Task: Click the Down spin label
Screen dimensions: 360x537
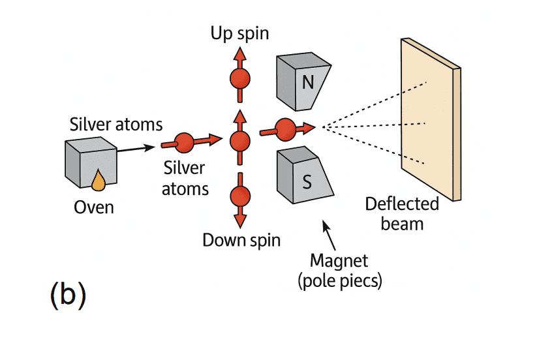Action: pos(241,239)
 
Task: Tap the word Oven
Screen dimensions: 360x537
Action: pos(93,207)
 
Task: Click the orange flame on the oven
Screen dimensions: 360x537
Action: pos(98,181)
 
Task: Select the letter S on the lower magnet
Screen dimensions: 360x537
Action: pos(307,183)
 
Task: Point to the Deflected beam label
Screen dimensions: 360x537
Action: pos(401,214)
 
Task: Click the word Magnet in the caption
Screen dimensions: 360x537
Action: pos(339,261)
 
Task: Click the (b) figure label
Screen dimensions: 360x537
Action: pos(67,294)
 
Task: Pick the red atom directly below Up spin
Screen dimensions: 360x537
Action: pos(239,80)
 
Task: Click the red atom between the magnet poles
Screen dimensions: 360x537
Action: pos(285,128)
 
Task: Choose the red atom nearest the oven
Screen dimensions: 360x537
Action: pos(185,142)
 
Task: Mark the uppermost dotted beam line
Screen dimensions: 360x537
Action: pos(375,102)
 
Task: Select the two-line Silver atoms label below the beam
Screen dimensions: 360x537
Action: pos(185,179)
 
